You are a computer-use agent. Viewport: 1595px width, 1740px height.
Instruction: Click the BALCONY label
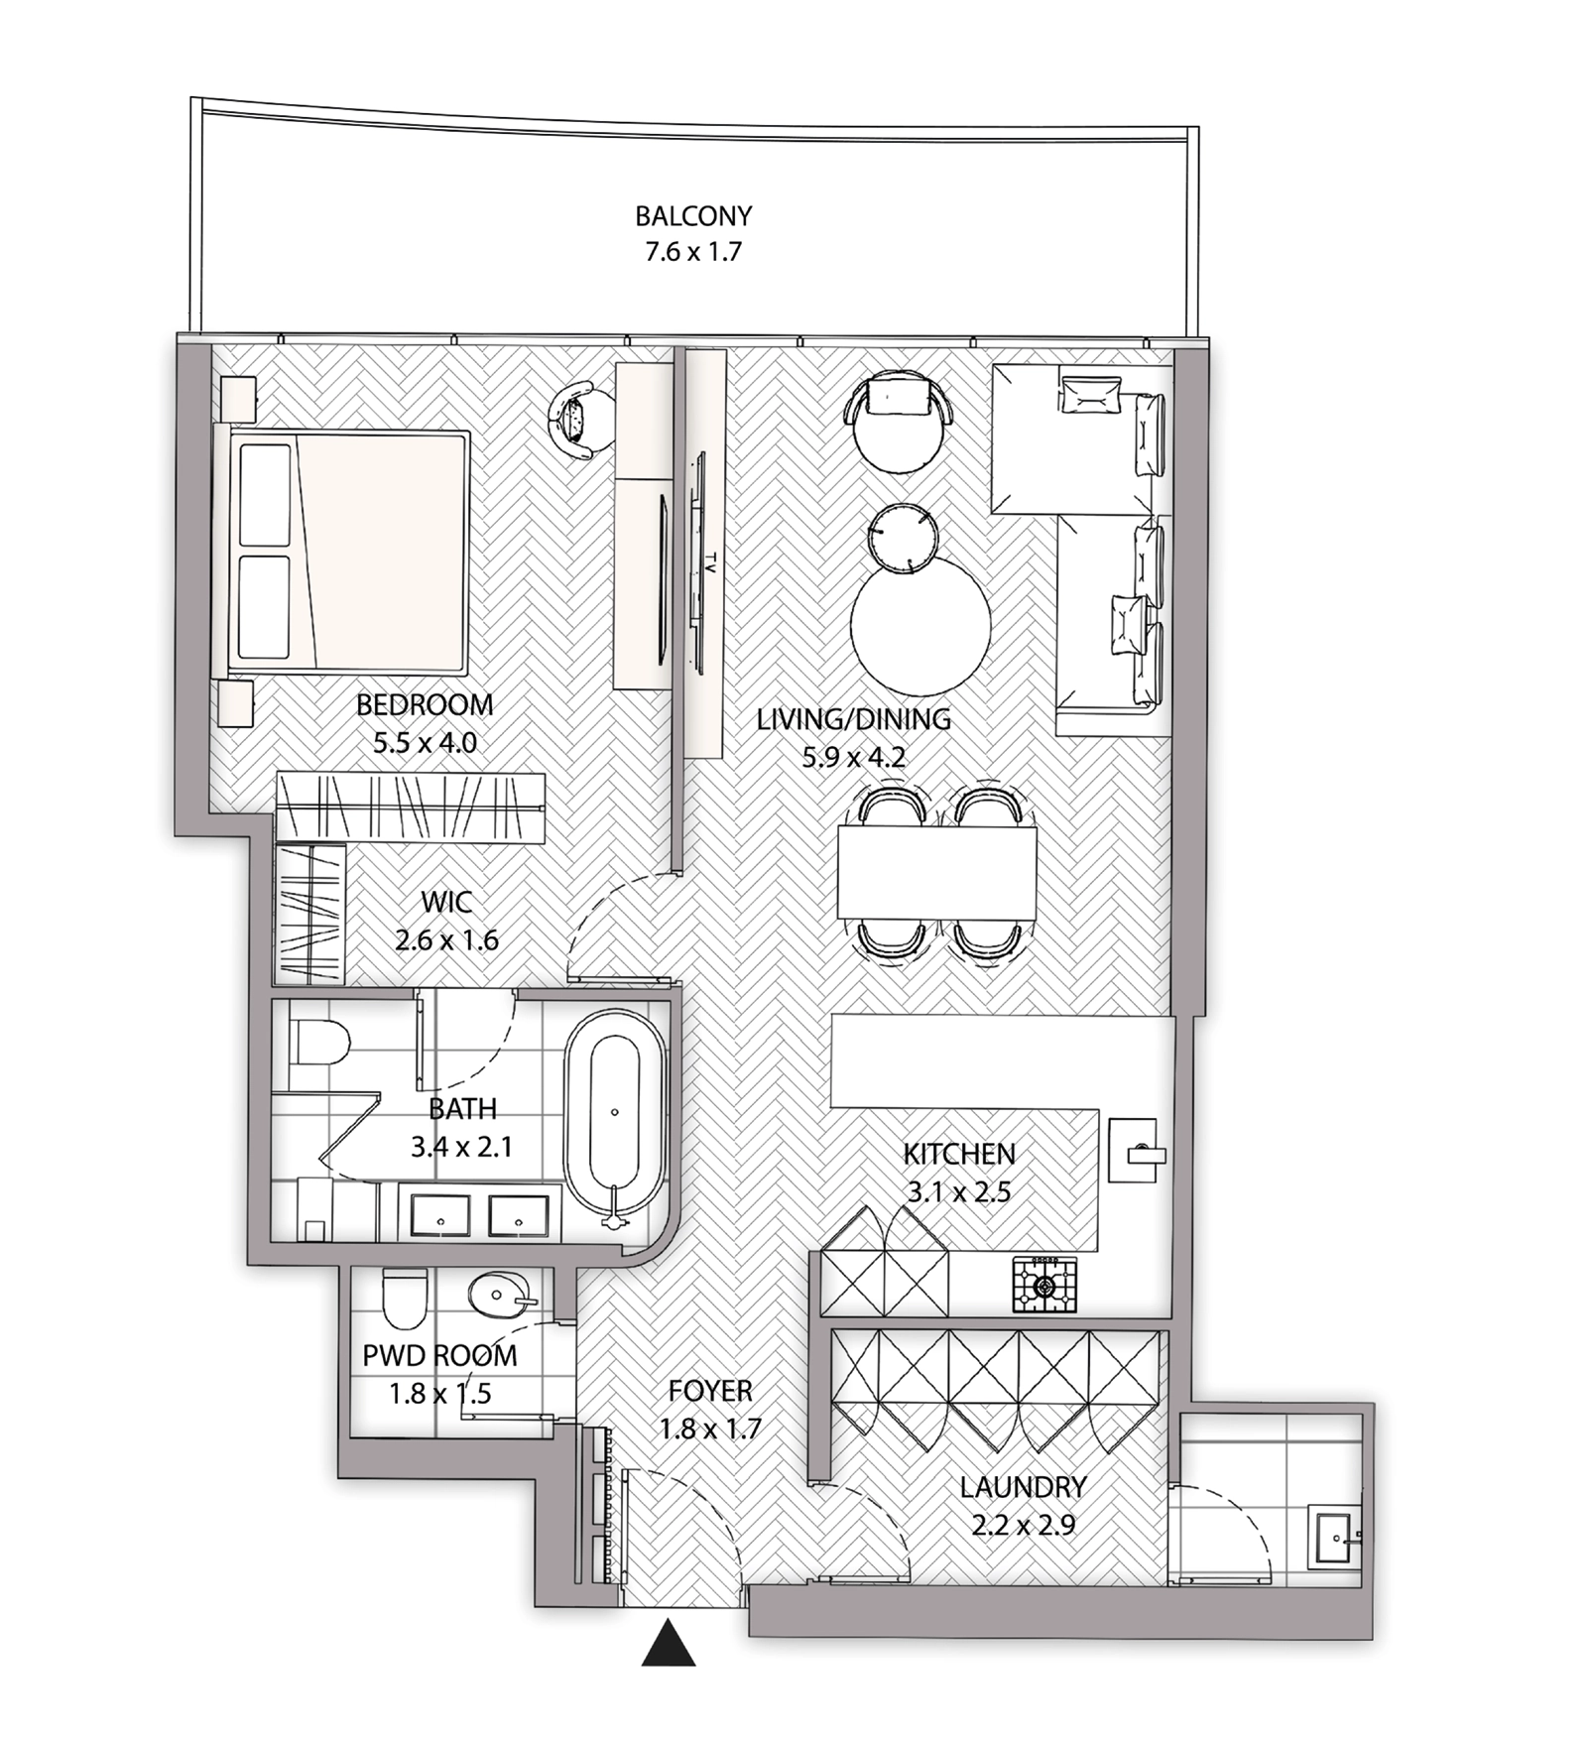(x=693, y=215)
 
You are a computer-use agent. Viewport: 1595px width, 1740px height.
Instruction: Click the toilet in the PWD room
(x=404, y=1299)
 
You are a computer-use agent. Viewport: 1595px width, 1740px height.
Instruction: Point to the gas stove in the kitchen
(x=1043, y=1286)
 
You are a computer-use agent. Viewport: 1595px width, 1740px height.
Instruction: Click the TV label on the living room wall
(x=708, y=562)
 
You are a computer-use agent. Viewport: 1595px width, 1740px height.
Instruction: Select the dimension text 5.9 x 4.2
(x=853, y=758)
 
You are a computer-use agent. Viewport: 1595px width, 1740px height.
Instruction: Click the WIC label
(x=446, y=903)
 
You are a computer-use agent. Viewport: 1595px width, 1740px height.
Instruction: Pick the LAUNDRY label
(x=1023, y=1487)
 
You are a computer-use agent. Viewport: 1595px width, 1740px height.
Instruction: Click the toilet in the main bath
(x=319, y=1041)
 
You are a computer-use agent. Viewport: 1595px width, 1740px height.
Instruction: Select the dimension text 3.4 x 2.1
(x=461, y=1147)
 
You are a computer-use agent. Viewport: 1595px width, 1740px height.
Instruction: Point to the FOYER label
(x=710, y=1391)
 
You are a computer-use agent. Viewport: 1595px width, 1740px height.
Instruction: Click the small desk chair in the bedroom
(x=577, y=421)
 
